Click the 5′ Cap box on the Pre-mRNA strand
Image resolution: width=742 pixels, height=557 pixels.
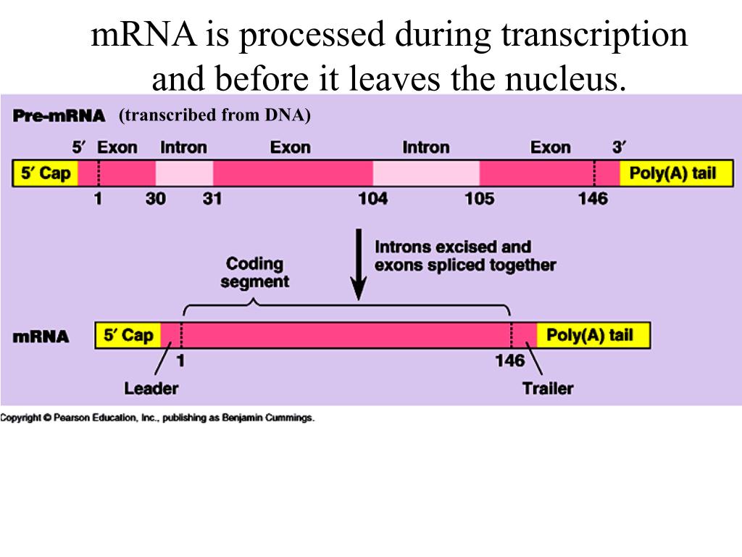coord(45,174)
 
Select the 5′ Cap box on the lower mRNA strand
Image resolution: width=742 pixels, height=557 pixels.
coord(128,336)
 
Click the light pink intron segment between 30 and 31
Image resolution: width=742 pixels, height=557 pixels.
coord(184,174)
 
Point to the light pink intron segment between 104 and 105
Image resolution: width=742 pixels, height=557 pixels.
coord(426,174)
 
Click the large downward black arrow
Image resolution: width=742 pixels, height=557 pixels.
coord(358,265)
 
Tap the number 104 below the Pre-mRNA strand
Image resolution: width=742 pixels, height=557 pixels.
coord(372,199)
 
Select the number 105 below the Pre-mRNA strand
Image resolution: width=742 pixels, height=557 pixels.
coord(479,199)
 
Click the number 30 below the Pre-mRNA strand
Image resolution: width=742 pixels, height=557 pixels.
coord(155,199)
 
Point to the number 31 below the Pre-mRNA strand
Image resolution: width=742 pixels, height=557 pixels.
coord(212,199)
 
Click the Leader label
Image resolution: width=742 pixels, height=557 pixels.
coord(151,389)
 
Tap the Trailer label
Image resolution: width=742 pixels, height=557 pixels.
coord(547,389)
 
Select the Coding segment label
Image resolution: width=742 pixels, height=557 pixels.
coord(254,273)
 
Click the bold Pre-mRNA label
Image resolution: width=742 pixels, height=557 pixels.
coord(59,116)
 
